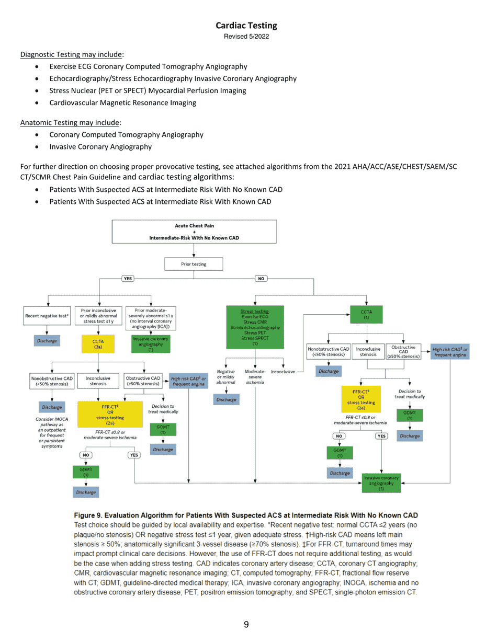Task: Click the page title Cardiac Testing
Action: coord(246,25)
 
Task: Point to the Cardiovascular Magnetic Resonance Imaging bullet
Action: coord(123,103)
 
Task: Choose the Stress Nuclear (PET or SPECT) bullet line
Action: coord(148,90)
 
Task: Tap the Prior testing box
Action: coord(194,264)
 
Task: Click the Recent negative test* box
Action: coord(47,316)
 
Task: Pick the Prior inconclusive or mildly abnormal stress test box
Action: coord(98,316)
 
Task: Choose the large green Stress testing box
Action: coord(255,327)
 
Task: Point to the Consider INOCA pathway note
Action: coord(51,433)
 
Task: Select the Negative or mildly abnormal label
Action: coord(226,376)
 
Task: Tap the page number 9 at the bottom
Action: coord(246,623)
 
